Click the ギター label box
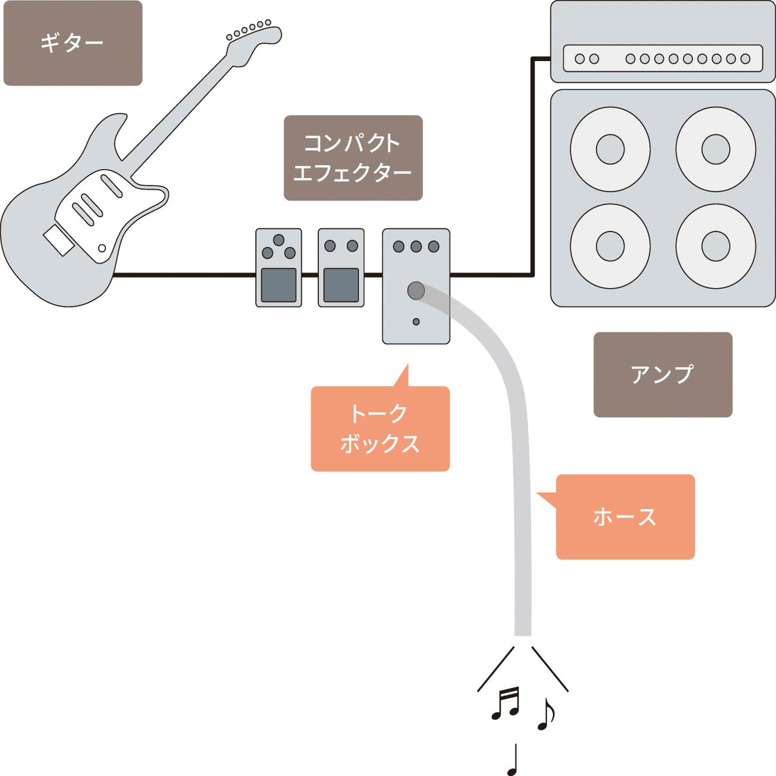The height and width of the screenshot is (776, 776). (73, 43)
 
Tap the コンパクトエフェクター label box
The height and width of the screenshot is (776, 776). (353, 158)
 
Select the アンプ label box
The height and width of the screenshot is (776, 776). (663, 375)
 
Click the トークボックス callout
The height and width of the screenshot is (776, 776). (380, 429)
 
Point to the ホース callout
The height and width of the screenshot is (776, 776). (625, 517)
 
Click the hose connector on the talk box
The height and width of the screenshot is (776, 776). (416, 291)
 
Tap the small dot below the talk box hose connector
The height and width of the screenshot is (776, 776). (416, 321)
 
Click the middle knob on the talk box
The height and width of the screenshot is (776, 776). (416, 246)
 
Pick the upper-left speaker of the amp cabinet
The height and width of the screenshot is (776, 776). (610, 149)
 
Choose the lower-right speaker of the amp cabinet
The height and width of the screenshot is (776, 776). (716, 246)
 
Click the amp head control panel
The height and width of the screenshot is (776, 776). (663, 59)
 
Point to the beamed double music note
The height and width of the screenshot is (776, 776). (506, 703)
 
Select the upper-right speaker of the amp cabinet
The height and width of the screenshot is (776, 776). (716, 149)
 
